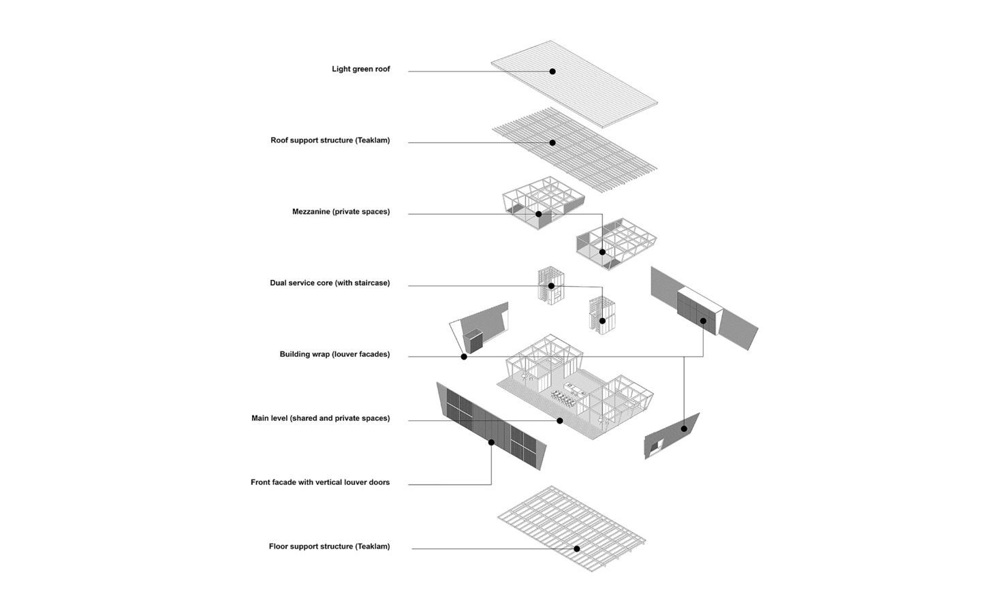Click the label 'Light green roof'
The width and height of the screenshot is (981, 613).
(360, 69)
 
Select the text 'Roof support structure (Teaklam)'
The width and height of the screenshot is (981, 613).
(330, 140)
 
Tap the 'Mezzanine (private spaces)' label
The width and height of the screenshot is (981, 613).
(341, 212)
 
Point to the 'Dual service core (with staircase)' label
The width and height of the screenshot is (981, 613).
(330, 283)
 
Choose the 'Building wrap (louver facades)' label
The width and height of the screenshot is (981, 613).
(334, 354)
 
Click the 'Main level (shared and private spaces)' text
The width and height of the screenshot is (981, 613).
(320, 418)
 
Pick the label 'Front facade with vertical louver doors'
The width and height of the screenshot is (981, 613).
(320, 482)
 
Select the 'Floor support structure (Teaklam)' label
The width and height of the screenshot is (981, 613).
(329, 546)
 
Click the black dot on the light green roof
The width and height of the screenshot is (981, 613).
(552, 72)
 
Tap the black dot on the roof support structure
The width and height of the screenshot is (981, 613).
(552, 143)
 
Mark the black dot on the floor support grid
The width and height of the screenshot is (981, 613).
(576, 548)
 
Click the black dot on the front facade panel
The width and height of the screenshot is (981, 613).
(491, 442)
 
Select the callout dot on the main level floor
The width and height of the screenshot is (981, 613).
(560, 421)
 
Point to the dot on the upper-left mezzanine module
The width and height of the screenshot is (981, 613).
(538, 214)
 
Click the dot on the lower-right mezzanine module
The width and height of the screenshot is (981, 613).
(602, 252)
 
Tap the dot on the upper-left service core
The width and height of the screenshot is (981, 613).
(551, 286)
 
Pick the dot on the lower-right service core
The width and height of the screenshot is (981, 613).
(602, 321)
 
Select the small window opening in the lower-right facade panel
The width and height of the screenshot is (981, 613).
(657, 446)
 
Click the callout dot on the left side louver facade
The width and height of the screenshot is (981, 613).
(464, 356)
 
